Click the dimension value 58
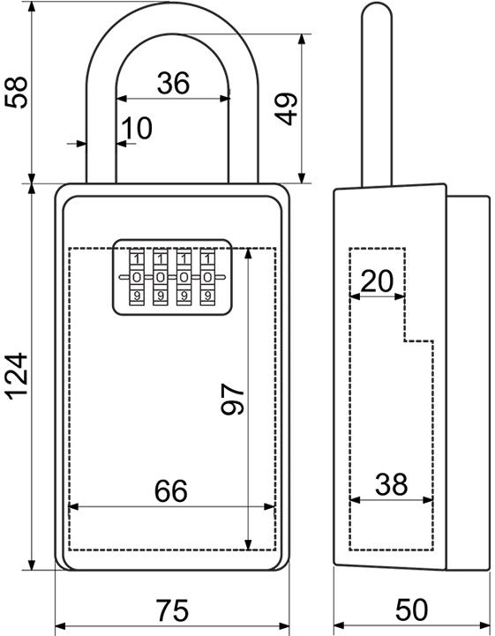click(16, 92)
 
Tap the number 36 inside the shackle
click(173, 83)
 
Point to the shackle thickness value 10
click(137, 128)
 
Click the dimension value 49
click(286, 108)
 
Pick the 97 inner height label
click(232, 399)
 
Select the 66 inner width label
click(171, 490)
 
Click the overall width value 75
click(172, 610)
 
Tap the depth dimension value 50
click(411, 610)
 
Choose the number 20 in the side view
click(377, 281)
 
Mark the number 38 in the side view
click(391, 484)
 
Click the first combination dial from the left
click(137, 278)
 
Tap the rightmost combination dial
click(207, 278)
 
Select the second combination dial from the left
click(161, 278)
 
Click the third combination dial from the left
click(184, 278)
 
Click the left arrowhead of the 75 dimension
click(61, 626)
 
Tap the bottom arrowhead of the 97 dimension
click(249, 545)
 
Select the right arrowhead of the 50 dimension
click(484, 625)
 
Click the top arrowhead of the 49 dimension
click(302, 40)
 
